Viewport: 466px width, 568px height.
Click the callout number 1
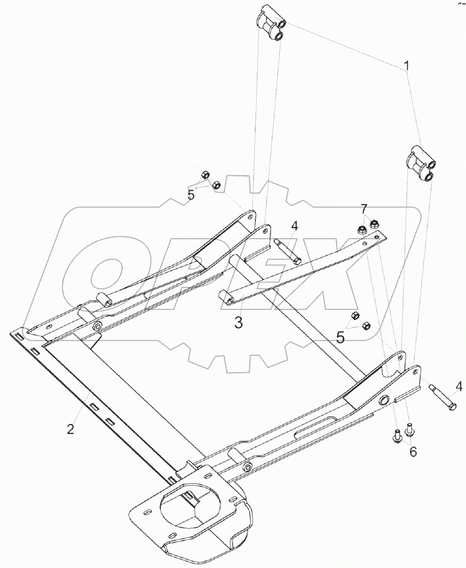(407, 66)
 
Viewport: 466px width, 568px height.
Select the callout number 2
(70, 429)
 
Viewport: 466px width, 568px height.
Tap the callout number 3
(238, 322)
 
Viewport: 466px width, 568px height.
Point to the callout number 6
(413, 451)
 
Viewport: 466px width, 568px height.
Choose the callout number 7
(364, 209)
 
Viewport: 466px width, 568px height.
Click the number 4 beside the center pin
(295, 227)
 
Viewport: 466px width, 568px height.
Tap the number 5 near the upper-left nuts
(191, 195)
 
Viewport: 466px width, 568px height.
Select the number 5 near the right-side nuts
(340, 337)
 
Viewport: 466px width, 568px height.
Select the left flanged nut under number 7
(360, 229)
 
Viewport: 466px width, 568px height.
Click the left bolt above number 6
(396, 435)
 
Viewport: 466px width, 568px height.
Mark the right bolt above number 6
(409, 429)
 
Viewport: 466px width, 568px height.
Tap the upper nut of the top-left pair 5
(204, 175)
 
